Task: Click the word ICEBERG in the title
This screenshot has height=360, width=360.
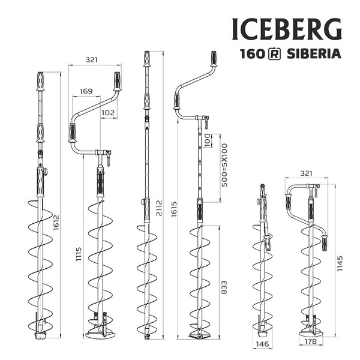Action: (x=286, y=29)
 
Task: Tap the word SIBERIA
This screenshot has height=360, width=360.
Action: (x=315, y=53)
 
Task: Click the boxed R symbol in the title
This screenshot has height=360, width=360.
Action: (x=274, y=53)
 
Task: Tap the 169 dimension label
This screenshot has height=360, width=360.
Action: (x=86, y=92)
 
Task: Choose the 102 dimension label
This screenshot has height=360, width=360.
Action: (x=109, y=112)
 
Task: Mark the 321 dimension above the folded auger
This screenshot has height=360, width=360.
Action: (x=306, y=173)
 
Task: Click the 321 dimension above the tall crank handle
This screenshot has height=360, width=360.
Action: (x=91, y=59)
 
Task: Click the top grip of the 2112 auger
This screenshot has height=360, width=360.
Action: (x=147, y=59)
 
